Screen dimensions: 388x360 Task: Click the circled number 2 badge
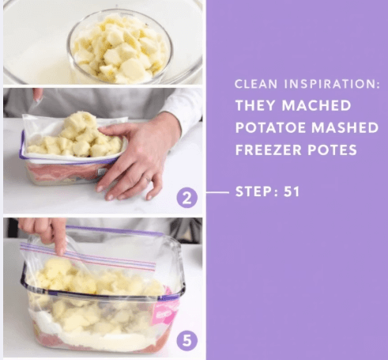click(x=186, y=198)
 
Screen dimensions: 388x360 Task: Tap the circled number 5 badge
click(x=186, y=341)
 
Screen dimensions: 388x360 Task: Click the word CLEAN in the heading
click(x=256, y=84)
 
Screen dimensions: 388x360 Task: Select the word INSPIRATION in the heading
click(x=332, y=84)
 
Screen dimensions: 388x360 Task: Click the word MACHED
click(x=316, y=105)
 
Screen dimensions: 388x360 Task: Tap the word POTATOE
click(x=270, y=127)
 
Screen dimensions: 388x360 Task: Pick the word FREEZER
click(x=269, y=150)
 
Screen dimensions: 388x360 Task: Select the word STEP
click(x=254, y=191)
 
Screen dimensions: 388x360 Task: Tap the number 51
click(x=292, y=191)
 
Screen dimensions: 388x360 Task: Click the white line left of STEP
click(x=217, y=192)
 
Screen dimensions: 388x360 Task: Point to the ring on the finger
click(x=149, y=180)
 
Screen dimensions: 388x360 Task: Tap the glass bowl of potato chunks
click(x=120, y=47)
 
